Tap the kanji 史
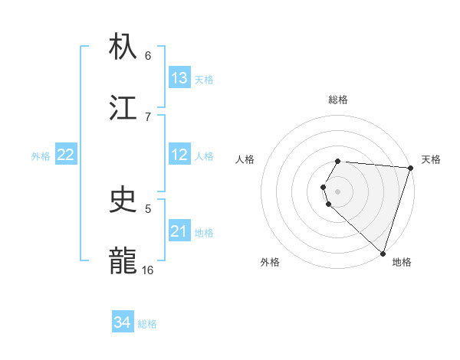(124, 201)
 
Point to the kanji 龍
(124, 260)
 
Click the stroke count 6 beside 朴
(148, 55)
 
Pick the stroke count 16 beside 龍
(148, 270)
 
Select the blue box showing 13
(179, 78)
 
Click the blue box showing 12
(179, 155)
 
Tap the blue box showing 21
(179, 231)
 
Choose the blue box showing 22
(66, 155)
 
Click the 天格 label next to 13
(204, 79)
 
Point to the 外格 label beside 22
(41, 155)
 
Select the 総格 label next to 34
(147, 323)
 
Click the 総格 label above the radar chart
(338, 100)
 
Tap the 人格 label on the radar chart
(245, 159)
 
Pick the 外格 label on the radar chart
(270, 262)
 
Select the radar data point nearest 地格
(383, 253)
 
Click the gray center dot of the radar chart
(338, 191)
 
